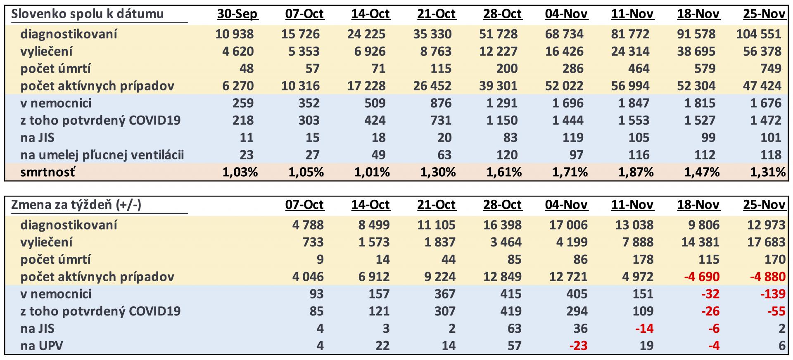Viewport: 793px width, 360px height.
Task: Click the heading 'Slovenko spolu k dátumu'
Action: click(x=87, y=14)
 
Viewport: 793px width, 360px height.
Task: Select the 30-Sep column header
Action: click(x=237, y=14)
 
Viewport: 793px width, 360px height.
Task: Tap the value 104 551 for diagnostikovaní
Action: click(x=758, y=34)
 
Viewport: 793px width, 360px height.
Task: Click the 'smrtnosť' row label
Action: click(x=48, y=172)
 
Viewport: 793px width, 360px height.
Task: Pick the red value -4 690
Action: click(x=701, y=277)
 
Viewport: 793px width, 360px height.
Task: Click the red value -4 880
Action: click(x=767, y=277)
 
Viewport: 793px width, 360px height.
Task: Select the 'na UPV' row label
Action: click(x=42, y=346)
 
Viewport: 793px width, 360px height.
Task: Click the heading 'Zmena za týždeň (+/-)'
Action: click(x=76, y=205)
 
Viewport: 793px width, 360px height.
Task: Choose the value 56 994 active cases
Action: click(x=630, y=86)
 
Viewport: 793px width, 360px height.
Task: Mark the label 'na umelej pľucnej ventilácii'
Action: click(x=102, y=155)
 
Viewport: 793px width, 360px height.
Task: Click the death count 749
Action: click(x=770, y=69)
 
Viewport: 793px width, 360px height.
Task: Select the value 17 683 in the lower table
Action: click(x=766, y=242)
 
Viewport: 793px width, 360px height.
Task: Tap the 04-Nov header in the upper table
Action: click(x=566, y=14)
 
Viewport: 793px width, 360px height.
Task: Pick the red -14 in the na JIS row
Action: click(x=644, y=328)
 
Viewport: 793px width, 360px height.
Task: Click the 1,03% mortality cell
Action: click(x=240, y=172)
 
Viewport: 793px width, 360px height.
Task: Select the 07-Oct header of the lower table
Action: click(x=304, y=205)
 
